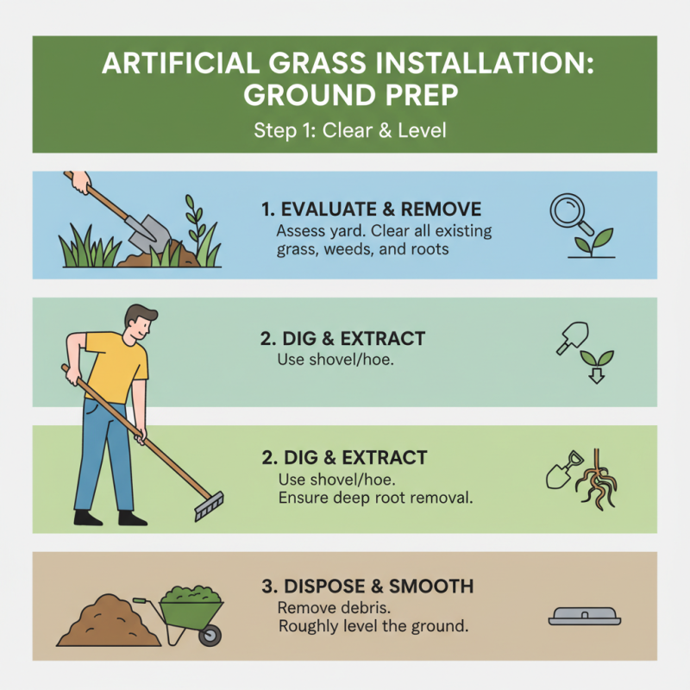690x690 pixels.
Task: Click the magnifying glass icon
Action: pyautogui.click(x=570, y=210)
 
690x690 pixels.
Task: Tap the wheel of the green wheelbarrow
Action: pyautogui.click(x=209, y=637)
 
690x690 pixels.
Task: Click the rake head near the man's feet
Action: pyautogui.click(x=209, y=506)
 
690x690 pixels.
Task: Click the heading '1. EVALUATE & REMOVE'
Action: pyautogui.click(x=371, y=210)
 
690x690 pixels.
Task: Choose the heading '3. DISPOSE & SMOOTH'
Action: pyautogui.click(x=367, y=586)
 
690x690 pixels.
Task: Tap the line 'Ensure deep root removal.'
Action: pyautogui.click(x=364, y=498)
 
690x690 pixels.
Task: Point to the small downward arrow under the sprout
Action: pyautogui.click(x=594, y=375)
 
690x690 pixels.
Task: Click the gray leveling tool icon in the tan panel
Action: pyautogui.click(x=583, y=616)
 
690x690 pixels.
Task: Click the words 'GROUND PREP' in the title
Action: pyautogui.click(x=344, y=95)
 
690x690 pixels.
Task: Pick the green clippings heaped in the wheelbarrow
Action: pyautogui.click(x=194, y=596)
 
